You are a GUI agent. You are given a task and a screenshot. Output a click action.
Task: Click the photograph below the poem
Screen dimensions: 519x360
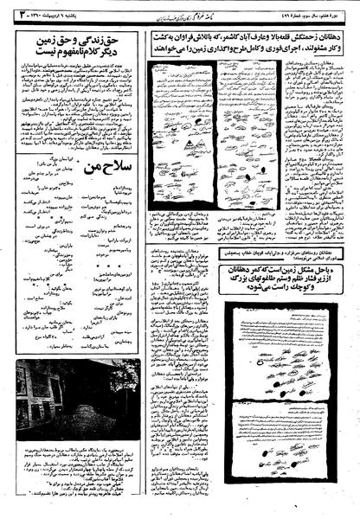pyautogui.click(x=77, y=394)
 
